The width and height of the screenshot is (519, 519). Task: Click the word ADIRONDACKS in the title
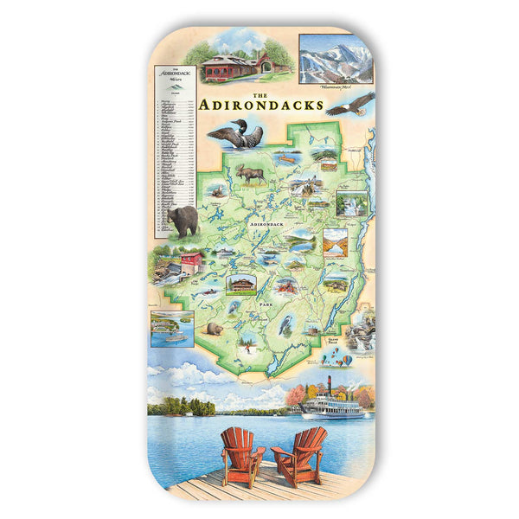(x=260, y=106)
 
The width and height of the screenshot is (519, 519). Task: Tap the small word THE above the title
(x=259, y=94)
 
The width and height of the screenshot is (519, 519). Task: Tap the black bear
(x=183, y=221)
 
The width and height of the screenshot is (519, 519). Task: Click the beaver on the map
(x=215, y=329)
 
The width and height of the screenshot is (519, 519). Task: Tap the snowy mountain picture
(x=336, y=59)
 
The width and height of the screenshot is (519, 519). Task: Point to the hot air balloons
(x=343, y=360)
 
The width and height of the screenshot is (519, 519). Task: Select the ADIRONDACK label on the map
(x=266, y=224)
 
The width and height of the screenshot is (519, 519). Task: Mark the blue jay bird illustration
(x=286, y=324)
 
